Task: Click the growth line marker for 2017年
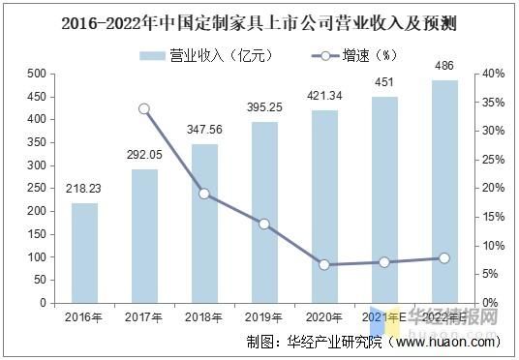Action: (x=144, y=108)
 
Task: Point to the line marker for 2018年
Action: (x=204, y=194)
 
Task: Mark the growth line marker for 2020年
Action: (x=324, y=264)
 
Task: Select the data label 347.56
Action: (x=204, y=131)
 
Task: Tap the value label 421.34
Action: (x=324, y=97)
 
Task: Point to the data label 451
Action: (x=384, y=83)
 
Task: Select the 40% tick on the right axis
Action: (x=493, y=74)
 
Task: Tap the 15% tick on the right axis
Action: (x=493, y=217)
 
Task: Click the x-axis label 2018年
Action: (x=204, y=315)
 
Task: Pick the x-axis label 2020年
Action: (x=324, y=315)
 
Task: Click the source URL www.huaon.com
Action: (x=446, y=341)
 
